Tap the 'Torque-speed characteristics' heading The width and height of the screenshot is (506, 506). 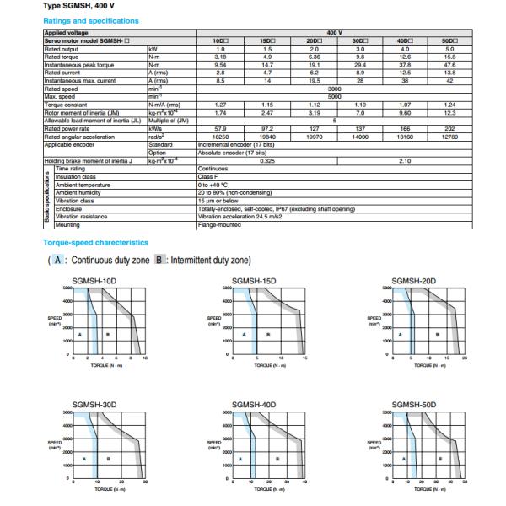(x=95, y=242)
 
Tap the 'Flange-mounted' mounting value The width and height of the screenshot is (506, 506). (x=220, y=224)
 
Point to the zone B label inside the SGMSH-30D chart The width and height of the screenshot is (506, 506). (x=108, y=459)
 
